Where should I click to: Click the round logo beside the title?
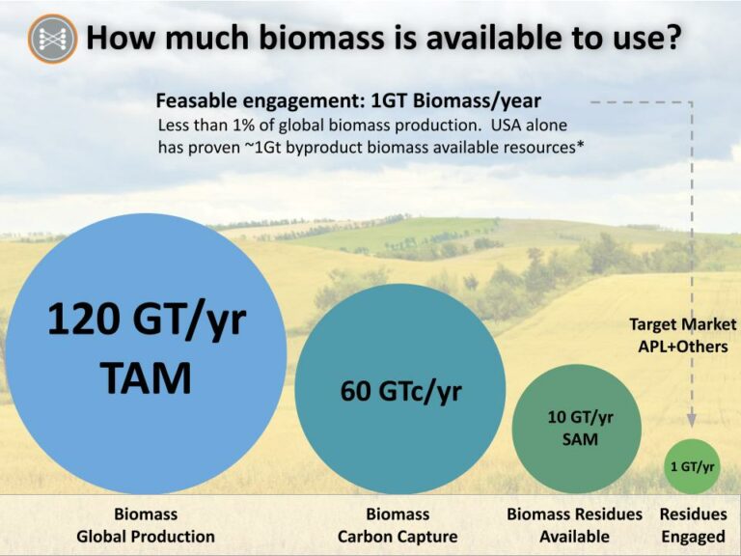(52, 39)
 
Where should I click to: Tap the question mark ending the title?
(672, 38)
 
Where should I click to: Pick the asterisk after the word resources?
(580, 144)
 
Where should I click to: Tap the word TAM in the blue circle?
(146, 377)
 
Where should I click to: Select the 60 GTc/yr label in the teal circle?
(400, 392)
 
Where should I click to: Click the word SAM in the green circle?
(580, 439)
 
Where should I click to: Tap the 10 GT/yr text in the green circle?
(580, 417)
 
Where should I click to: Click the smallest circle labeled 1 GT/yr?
(693, 466)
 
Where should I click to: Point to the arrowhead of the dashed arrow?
(692, 419)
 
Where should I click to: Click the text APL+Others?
(683, 347)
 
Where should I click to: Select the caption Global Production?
(146, 536)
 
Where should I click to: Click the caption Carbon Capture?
(398, 536)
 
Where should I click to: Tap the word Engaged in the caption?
(693, 537)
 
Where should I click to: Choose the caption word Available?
(574, 536)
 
